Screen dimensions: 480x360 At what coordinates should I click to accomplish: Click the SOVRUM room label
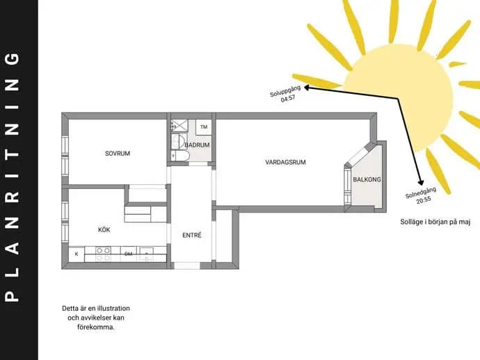tap(118, 154)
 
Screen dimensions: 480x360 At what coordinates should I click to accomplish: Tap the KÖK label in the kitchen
tap(104, 230)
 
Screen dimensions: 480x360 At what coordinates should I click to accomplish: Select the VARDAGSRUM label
tap(285, 163)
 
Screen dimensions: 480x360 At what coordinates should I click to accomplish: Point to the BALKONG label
tap(367, 179)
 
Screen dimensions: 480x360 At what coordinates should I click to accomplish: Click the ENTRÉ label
tap(192, 235)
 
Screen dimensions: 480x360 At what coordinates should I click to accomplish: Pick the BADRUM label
tap(198, 145)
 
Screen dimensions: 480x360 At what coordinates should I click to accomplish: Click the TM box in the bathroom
tap(204, 127)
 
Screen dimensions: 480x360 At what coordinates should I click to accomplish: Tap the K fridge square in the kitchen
tap(77, 254)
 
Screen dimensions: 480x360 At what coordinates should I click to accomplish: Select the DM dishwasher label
tap(128, 254)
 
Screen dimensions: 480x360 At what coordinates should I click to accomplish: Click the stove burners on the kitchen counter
tap(103, 254)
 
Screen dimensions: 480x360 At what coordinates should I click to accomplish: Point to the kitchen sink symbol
tap(147, 254)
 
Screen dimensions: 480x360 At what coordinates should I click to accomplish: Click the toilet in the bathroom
tap(181, 156)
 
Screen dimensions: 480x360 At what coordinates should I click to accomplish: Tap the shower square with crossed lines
tap(179, 126)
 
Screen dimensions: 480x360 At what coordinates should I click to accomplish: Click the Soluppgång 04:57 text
tap(286, 94)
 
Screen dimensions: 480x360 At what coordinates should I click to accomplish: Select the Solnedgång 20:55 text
tap(422, 195)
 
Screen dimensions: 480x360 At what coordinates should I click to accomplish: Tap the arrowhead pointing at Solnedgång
tap(421, 182)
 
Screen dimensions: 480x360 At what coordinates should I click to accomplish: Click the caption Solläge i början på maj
tap(435, 222)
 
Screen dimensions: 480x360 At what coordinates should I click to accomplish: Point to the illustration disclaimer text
tap(96, 318)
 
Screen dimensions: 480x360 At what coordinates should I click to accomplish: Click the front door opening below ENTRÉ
tap(187, 265)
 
